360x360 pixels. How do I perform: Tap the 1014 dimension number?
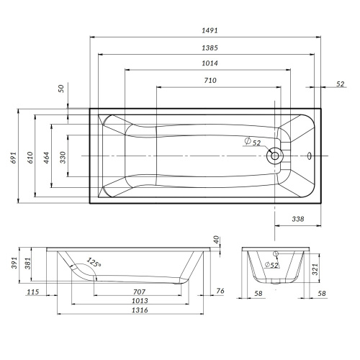[210, 64]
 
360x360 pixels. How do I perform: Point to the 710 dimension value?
[210, 81]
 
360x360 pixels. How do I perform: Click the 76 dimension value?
[221, 291]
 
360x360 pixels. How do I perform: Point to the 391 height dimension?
[12, 264]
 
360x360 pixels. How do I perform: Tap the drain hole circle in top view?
[274, 156]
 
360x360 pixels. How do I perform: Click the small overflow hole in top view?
[308, 155]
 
